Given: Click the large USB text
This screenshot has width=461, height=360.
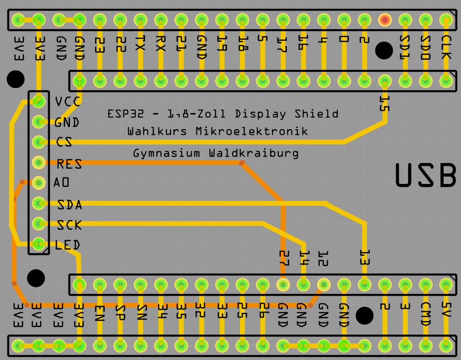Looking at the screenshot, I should [426, 175].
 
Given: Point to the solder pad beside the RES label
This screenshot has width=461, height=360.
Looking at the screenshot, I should [38, 162].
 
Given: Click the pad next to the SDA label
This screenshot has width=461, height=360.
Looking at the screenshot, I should [38, 203].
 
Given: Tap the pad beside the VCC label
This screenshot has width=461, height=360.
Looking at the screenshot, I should [38, 101].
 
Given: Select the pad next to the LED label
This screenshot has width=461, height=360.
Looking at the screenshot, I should [38, 244].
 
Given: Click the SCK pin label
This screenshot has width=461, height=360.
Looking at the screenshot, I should [69, 225].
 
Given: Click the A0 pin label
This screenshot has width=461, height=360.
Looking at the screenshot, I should [61, 183].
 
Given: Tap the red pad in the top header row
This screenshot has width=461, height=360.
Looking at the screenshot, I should [385, 20].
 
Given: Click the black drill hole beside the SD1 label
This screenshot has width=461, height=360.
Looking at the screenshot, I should [384, 51].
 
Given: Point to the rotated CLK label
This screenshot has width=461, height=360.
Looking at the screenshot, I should [446, 47].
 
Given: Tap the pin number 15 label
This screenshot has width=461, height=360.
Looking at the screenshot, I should [384, 104].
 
